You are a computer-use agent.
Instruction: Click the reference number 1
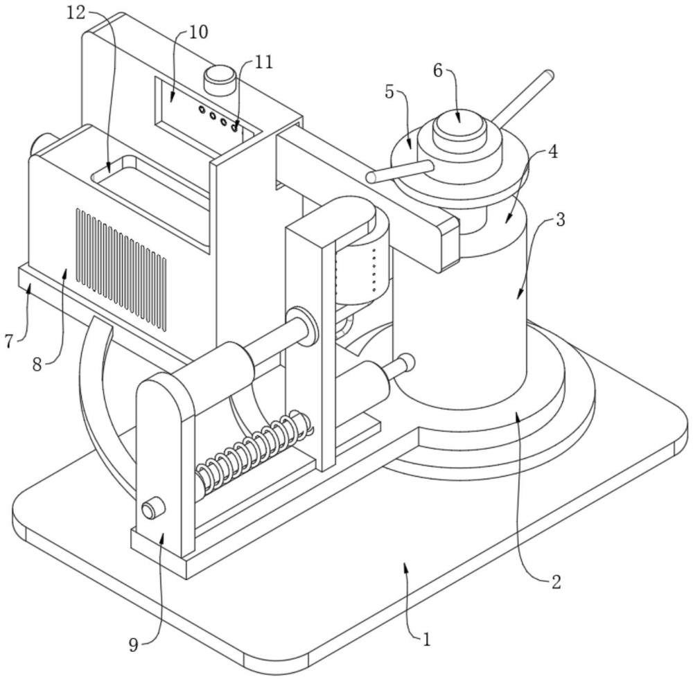(x=426, y=640)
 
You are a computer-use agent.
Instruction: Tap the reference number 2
(x=555, y=581)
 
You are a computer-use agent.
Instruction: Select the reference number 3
(x=561, y=220)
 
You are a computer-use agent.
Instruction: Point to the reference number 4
(x=552, y=152)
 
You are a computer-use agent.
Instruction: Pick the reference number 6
(x=438, y=70)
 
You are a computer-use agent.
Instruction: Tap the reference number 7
(x=9, y=341)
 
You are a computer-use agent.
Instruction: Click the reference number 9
(x=134, y=645)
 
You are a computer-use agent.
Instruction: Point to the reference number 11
(x=263, y=62)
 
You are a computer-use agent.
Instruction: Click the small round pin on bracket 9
(x=150, y=510)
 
